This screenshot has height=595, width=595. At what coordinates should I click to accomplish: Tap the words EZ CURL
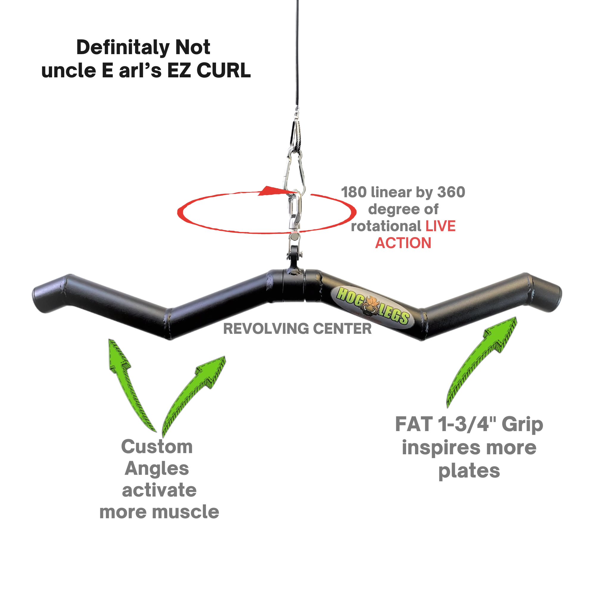coord(209,71)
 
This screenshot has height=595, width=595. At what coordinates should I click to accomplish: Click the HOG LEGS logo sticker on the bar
coord(373,305)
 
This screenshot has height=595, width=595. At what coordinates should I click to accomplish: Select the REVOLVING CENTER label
coord(297,329)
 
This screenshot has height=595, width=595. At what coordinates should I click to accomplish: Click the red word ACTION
coord(403,243)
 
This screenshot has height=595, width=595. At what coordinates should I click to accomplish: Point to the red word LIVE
coord(440,226)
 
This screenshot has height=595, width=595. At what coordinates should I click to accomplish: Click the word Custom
coord(157,447)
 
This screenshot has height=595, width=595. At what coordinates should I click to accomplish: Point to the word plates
coord(469,471)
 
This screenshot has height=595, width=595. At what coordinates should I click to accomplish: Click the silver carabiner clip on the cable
coord(295,173)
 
